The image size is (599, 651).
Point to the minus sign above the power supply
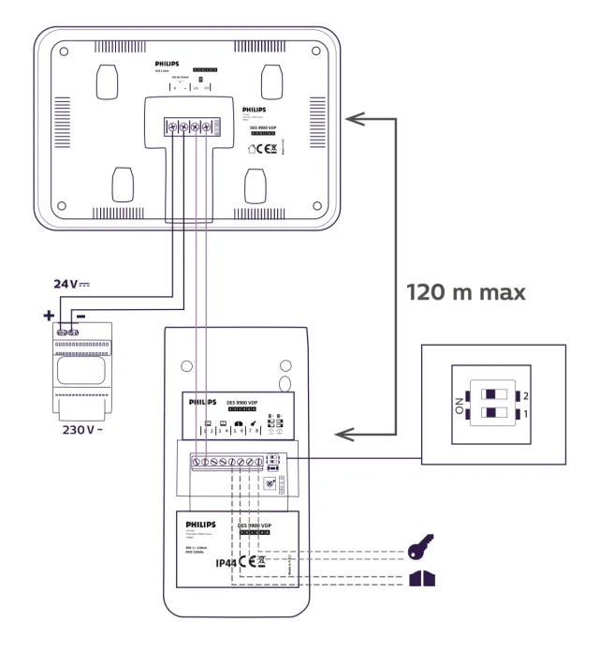click(x=81, y=316)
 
